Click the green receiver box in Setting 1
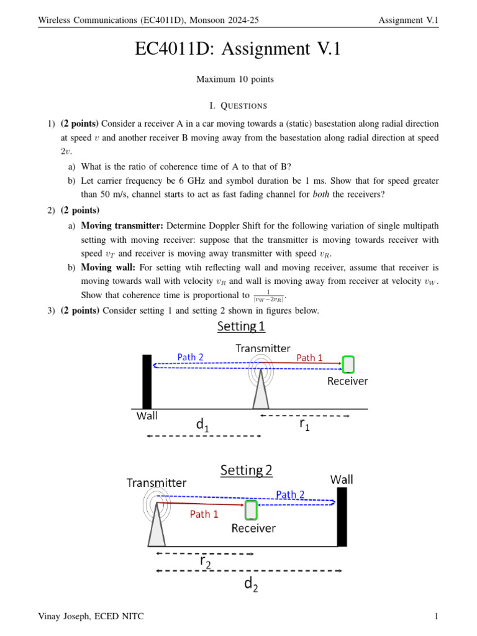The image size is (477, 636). (x=348, y=364)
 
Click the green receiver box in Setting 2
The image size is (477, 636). (x=251, y=510)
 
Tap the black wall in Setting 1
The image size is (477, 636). (x=147, y=381)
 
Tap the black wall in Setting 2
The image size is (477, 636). (x=342, y=516)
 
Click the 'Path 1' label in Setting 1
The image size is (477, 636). (x=309, y=357)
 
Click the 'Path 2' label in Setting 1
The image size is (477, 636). (x=190, y=357)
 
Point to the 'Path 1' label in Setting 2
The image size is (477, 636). (x=204, y=514)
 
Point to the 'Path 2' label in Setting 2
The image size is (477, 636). (x=290, y=494)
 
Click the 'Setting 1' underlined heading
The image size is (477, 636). (x=240, y=326)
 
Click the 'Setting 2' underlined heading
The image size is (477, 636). (x=247, y=470)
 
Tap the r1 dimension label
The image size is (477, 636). (x=304, y=424)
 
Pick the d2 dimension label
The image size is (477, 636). (x=251, y=584)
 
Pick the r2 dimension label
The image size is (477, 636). (x=205, y=561)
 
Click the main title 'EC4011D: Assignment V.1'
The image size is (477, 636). (x=238, y=49)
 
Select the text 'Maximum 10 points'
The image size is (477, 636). (x=235, y=79)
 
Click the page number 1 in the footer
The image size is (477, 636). (x=437, y=616)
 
